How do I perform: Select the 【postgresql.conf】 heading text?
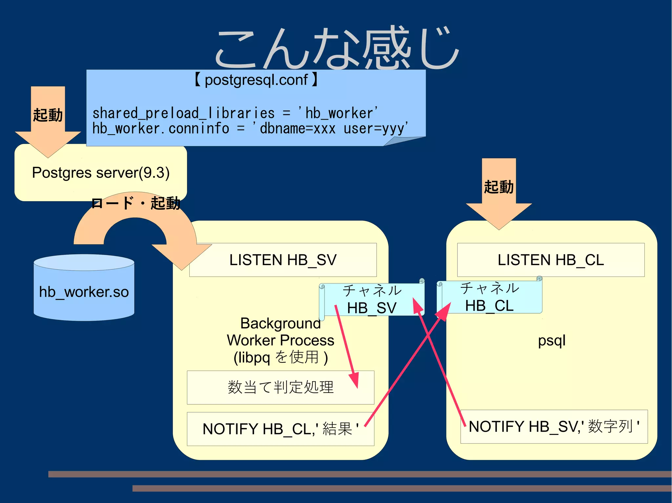[x=256, y=80]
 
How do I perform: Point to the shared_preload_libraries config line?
[x=235, y=113]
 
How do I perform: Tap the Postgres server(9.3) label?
[x=101, y=173]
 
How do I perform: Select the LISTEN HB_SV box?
[x=283, y=260]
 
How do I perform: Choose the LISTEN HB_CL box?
[x=551, y=260]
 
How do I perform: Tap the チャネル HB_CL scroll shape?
[x=489, y=297]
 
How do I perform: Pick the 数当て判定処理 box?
[x=281, y=387]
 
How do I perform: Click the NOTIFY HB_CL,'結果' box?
[x=281, y=429]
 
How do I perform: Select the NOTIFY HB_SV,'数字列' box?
[x=554, y=427]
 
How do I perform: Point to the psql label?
[x=552, y=341]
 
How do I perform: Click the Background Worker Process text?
[x=281, y=340]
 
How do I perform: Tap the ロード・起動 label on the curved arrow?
[x=136, y=203]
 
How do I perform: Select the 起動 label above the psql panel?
[x=499, y=187]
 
